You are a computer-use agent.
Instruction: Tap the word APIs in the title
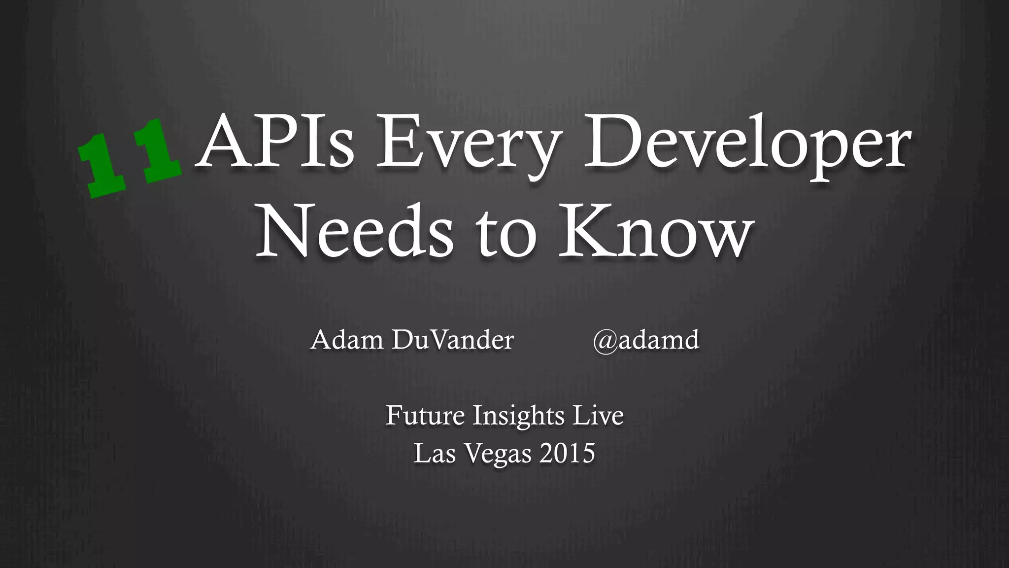coord(275,142)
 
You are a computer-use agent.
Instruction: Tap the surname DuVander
coord(453,340)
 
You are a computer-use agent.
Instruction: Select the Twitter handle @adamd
coord(646,340)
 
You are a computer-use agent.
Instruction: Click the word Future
coord(425,415)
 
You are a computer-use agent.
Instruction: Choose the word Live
coord(598,415)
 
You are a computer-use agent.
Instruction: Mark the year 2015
coord(567,453)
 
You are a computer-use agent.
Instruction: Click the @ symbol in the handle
coord(605,341)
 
